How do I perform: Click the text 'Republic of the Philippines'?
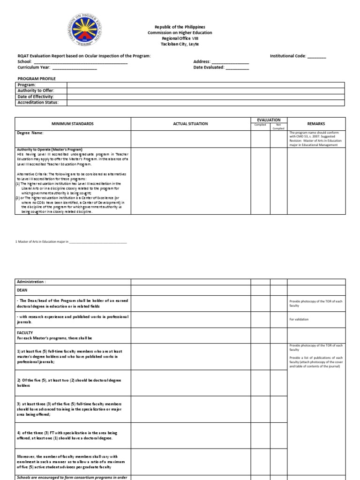pyautogui.click(x=180, y=27)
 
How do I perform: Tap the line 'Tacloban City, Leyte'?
pyautogui.click(x=180, y=44)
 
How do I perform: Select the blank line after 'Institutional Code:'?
pyautogui.click(x=316, y=56)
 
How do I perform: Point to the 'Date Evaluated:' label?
pyautogui.click(x=209, y=67)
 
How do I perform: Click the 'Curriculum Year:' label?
pyautogui.click(x=34, y=67)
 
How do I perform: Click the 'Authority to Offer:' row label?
pyautogui.click(x=36, y=90)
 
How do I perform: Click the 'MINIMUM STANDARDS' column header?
pyautogui.click(x=73, y=124)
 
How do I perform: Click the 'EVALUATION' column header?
pyautogui.click(x=269, y=120)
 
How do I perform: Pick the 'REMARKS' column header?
pyautogui.click(x=316, y=124)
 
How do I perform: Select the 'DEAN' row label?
pyautogui.click(x=22, y=290)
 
